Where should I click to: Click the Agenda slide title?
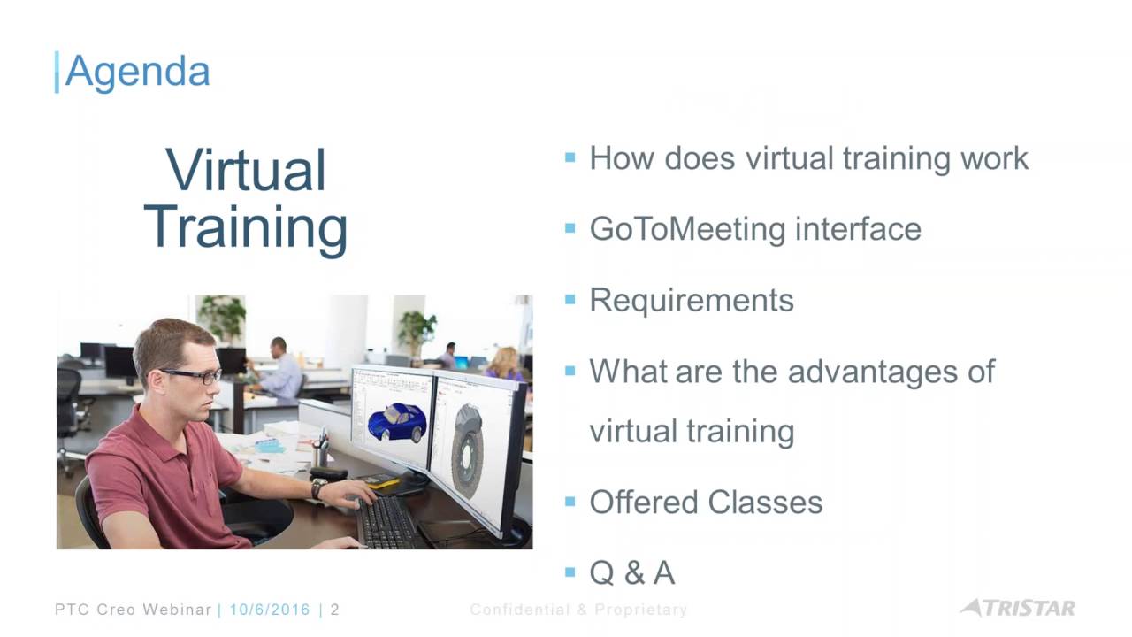point(137,73)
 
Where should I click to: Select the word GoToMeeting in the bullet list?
point(687,229)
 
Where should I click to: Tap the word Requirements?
point(692,301)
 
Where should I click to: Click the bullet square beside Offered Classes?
point(570,502)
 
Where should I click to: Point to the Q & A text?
point(632,572)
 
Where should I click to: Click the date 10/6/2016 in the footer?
point(270,610)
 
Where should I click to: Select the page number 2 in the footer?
point(334,610)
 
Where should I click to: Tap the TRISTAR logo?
point(1018,608)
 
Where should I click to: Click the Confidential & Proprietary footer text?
point(578,610)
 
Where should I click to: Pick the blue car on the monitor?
point(398,422)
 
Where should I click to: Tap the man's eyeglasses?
point(192,376)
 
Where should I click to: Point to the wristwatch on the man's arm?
point(318,489)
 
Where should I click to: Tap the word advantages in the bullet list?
point(873,372)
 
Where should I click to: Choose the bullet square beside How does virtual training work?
point(570,157)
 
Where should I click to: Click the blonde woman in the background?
point(504,364)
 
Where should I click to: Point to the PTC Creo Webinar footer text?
point(134,610)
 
